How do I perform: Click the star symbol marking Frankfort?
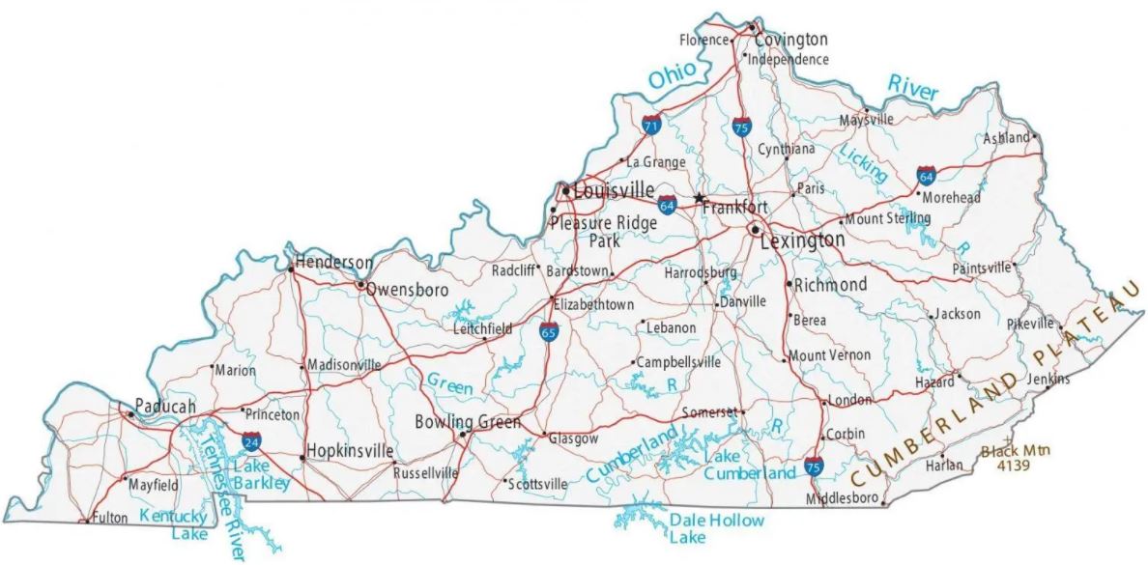pyautogui.click(x=699, y=197)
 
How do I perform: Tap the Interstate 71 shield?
pyautogui.click(x=651, y=125)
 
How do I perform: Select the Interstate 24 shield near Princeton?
pyautogui.click(x=251, y=442)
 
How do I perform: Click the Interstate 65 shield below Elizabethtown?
pyautogui.click(x=549, y=333)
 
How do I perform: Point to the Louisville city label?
pyautogui.click(x=614, y=191)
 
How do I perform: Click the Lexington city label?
pyautogui.click(x=802, y=240)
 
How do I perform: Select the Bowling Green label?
pyautogui.click(x=467, y=422)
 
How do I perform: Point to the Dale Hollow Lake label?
pyautogui.click(x=716, y=527)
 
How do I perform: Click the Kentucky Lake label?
pyautogui.click(x=173, y=523)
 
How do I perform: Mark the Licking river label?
pyautogui.click(x=863, y=164)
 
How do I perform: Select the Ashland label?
pyautogui.click(x=1006, y=138)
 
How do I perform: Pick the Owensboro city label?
pyautogui.click(x=399, y=288)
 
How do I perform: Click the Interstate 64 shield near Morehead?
pyautogui.click(x=926, y=176)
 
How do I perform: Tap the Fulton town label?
pyautogui.click(x=109, y=519)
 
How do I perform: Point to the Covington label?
pyautogui.click(x=790, y=40)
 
